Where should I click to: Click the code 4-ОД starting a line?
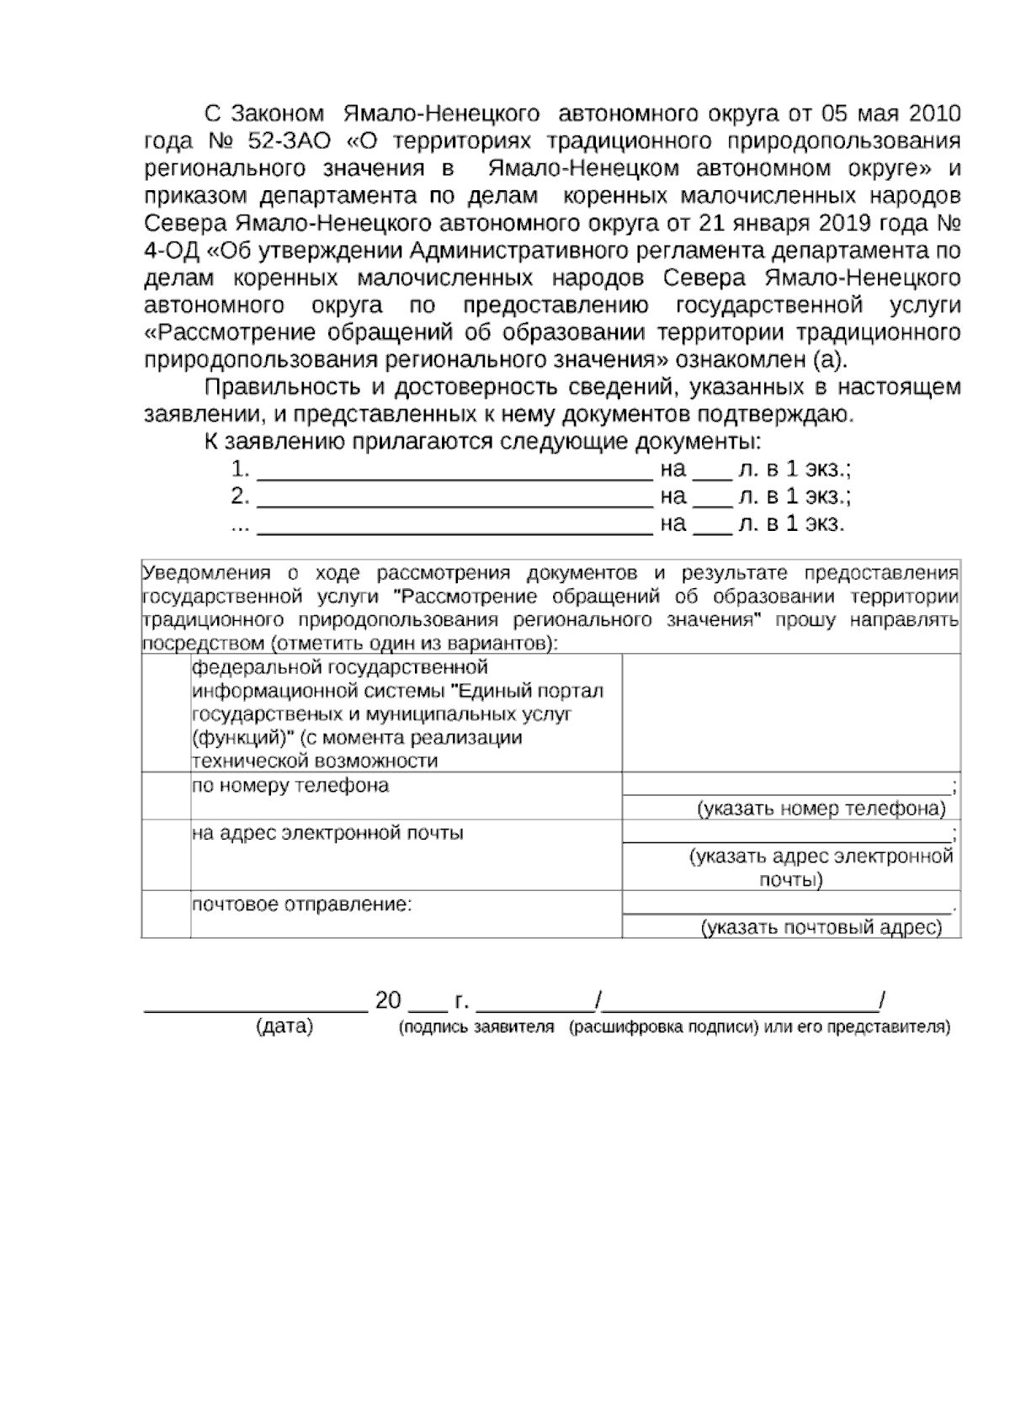click(171, 251)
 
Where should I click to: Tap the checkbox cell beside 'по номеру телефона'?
click(166, 796)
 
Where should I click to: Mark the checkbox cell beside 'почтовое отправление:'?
click(166, 914)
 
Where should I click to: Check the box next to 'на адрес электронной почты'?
click(166, 855)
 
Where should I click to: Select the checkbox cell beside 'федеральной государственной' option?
click(166, 713)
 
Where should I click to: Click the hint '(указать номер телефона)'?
click(821, 809)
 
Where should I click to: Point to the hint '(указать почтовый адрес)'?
click(821, 928)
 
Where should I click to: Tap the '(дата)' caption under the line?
click(284, 1027)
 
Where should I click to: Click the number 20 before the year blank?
click(388, 1001)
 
